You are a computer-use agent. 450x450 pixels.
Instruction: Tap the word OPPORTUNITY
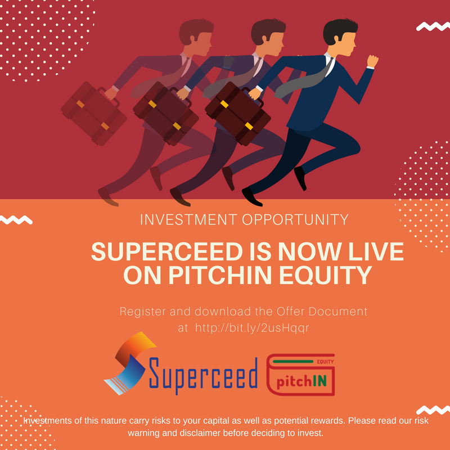[295, 219]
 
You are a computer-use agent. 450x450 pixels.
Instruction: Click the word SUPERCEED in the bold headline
[167, 251]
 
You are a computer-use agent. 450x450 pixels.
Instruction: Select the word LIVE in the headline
[376, 251]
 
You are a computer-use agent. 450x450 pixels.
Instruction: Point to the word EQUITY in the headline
[326, 275]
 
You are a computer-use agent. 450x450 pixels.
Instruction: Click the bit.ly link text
[252, 328]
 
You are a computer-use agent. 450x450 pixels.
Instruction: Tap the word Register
[143, 312]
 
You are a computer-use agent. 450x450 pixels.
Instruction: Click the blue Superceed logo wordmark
[203, 375]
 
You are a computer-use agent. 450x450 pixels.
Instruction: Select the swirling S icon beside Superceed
[129, 363]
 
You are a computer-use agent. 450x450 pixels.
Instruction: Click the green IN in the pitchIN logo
[319, 381]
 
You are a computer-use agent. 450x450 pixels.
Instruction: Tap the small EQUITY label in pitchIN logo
[325, 362]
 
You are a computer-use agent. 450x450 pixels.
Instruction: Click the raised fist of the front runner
[372, 61]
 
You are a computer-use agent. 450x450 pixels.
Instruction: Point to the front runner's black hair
[340, 30]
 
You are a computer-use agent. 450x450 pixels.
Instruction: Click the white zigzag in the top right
[433, 26]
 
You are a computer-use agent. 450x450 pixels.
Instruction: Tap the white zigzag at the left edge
[16, 220]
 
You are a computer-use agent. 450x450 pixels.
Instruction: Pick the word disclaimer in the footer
[192, 433]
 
